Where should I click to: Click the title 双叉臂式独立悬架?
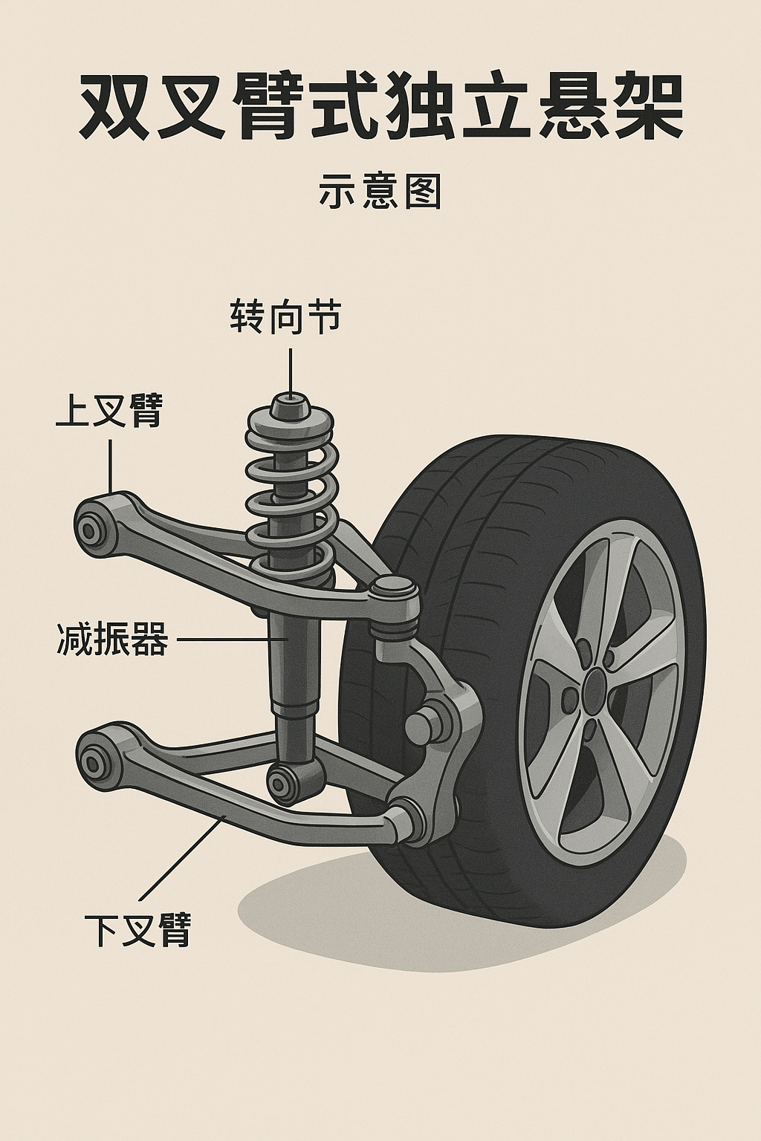coord(380,105)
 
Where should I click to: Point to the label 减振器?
coord(112,640)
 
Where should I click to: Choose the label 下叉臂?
coord(138,929)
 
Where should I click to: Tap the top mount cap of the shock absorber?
coord(290,405)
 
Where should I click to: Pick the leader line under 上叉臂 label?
coord(110,464)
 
